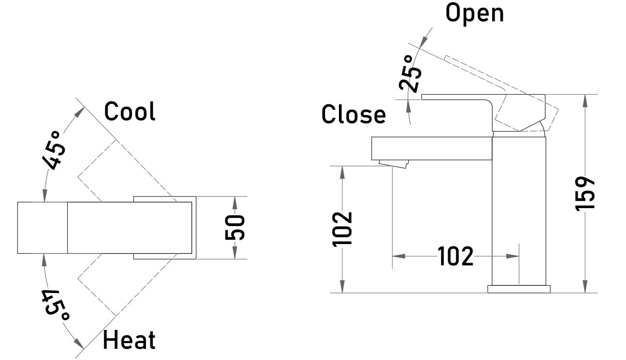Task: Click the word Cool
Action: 129,111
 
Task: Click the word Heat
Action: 129,340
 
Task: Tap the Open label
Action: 475,13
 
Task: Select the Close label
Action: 353,114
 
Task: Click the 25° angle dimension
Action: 410,73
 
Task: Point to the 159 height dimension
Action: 585,194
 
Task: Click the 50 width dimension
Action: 235,228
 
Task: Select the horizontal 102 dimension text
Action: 455,256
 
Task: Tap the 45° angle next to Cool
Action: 54,150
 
